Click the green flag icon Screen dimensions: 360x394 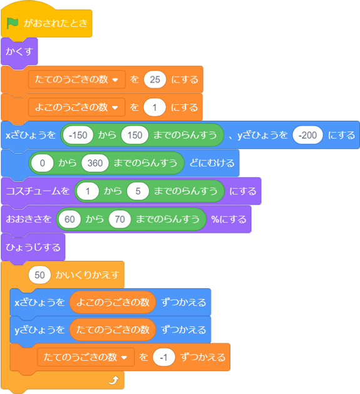point(12,23)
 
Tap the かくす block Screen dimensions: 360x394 point(19,51)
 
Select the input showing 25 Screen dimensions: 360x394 point(155,79)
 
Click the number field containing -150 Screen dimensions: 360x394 point(78,135)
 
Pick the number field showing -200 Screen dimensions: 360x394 point(307,135)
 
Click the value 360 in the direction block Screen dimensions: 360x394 point(95,163)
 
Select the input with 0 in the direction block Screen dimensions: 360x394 point(43,163)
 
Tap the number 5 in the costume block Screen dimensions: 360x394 point(138,191)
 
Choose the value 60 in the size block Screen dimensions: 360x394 point(69,220)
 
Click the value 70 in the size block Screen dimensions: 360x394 point(120,220)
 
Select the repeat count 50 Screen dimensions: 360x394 point(39,275)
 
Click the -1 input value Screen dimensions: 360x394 point(163,357)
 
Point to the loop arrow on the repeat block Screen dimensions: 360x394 point(113,380)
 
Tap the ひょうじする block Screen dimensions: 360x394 point(33,248)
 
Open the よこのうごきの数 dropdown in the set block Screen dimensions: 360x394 point(77,108)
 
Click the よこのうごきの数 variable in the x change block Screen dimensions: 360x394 point(113,302)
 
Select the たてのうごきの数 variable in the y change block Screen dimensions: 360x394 point(113,330)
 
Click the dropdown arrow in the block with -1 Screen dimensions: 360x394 point(124,358)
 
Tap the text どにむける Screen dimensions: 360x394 point(212,163)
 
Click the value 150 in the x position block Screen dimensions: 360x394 point(135,135)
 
